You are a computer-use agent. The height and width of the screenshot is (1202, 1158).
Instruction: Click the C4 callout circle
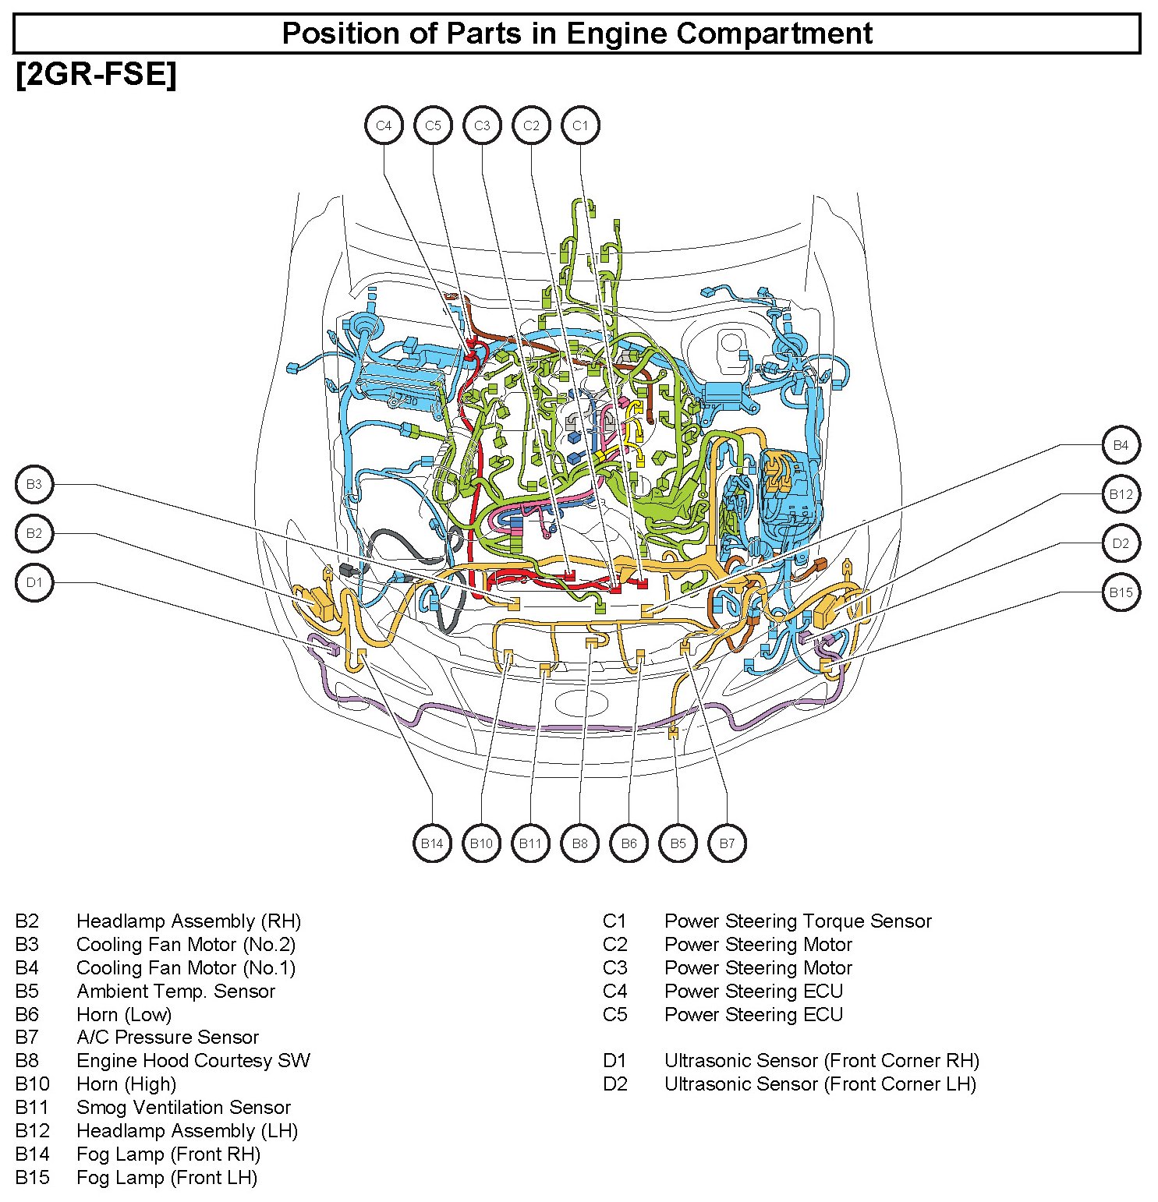(x=384, y=126)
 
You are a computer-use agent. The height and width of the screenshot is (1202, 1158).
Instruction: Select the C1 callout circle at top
(x=580, y=126)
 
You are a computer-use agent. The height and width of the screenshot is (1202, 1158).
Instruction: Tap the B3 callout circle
(x=34, y=484)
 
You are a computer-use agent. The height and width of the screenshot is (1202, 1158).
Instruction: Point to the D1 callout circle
(x=34, y=582)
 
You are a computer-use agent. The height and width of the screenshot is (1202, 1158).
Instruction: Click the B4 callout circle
(x=1121, y=445)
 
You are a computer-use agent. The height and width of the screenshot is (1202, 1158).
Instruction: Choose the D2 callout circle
(x=1121, y=543)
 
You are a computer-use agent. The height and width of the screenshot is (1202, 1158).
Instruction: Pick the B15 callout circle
(x=1121, y=592)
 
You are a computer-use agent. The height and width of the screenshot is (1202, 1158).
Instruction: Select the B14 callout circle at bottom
(x=432, y=843)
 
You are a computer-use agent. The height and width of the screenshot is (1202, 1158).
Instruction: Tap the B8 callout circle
(x=579, y=843)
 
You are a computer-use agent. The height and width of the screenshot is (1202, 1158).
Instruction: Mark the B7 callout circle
(x=727, y=843)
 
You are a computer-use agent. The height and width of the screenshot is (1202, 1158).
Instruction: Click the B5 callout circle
(x=678, y=843)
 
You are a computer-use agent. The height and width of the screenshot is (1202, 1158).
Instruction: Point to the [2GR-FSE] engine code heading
(x=96, y=75)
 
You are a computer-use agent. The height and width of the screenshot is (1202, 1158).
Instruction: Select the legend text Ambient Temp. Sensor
(x=175, y=991)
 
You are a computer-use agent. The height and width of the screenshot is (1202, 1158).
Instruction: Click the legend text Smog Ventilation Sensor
(x=183, y=1107)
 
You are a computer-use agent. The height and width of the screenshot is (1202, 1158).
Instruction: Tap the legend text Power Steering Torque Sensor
(x=798, y=921)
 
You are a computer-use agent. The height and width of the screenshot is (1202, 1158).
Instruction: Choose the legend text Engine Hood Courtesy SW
(x=193, y=1061)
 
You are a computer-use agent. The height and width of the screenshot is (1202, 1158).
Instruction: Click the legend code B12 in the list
(x=32, y=1130)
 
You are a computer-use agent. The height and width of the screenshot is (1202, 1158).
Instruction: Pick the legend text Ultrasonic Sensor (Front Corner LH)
(x=820, y=1084)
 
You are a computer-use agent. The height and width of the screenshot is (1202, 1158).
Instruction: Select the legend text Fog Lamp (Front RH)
(x=168, y=1154)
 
